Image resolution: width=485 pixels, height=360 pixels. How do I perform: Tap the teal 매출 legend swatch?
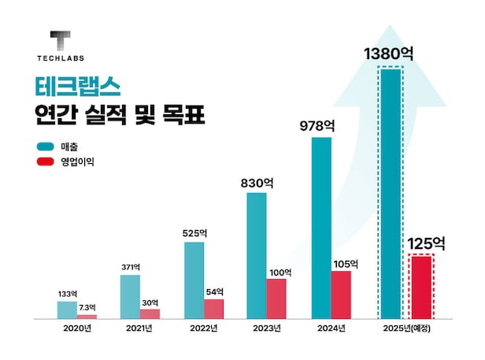[x=46, y=147]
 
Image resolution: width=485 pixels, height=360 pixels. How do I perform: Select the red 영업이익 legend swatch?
[x=46, y=162]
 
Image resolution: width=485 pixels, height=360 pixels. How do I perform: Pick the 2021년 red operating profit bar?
[x=150, y=314]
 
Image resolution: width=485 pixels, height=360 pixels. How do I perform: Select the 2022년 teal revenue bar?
[x=194, y=280]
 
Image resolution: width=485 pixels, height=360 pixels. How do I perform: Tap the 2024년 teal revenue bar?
[x=322, y=228]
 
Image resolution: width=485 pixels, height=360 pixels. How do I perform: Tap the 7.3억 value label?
[x=87, y=307]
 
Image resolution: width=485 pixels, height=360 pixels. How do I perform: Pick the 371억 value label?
[x=130, y=268]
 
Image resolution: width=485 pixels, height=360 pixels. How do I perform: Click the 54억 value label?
[x=214, y=291]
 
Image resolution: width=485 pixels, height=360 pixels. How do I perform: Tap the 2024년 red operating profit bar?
[x=340, y=295]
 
